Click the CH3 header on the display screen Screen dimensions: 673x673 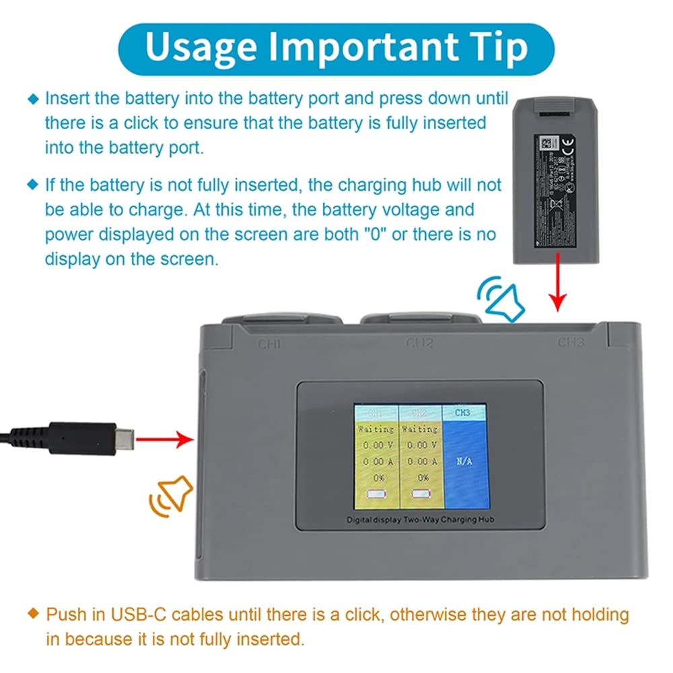(463, 412)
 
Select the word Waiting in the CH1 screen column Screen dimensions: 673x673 (376, 429)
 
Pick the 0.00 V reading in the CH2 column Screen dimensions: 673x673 (421, 445)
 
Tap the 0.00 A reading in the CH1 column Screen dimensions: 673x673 (376, 462)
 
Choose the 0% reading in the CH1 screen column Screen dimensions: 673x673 (376, 477)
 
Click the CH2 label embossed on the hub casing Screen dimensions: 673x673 (419, 343)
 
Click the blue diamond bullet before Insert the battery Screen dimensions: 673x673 (33, 99)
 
